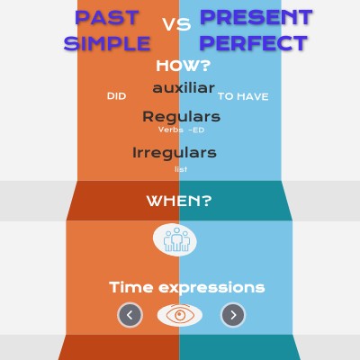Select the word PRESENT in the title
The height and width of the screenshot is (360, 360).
tap(256, 17)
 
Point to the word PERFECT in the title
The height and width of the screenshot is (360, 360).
tap(254, 42)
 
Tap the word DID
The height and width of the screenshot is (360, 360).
tap(116, 95)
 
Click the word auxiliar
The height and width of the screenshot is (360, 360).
tap(184, 88)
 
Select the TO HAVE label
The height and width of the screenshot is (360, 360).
tap(243, 96)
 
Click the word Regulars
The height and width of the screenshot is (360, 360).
tap(181, 117)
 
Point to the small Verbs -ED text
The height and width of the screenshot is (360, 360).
tap(181, 130)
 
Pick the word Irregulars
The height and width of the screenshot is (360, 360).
tap(174, 152)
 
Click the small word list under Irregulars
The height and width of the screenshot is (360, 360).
tap(181, 168)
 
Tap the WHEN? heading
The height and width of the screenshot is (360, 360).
tap(179, 201)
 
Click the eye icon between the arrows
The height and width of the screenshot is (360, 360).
tap(180, 315)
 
